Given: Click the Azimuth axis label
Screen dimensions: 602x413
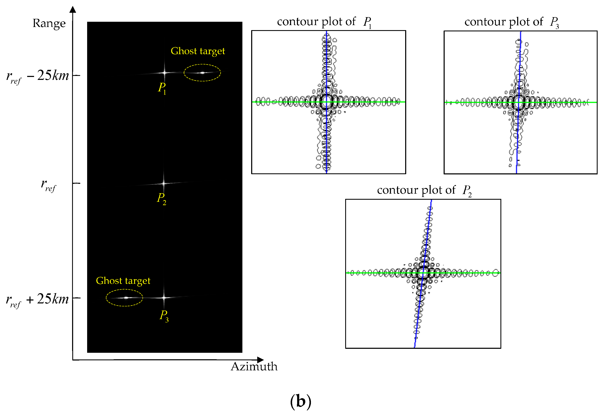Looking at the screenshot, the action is [x=254, y=367].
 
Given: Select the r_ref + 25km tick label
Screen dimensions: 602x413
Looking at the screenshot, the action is [x=37, y=299].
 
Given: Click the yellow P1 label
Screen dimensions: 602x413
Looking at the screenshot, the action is [x=162, y=88].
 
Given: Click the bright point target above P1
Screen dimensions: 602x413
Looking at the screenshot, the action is [x=164, y=73].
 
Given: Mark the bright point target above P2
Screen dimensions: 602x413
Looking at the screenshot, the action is [x=163, y=183].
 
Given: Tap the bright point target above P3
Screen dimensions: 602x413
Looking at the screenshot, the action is [x=164, y=298].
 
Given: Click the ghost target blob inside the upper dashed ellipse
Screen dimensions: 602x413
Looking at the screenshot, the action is [x=202, y=73].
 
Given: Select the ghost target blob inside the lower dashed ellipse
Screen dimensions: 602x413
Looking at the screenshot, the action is [x=126, y=298].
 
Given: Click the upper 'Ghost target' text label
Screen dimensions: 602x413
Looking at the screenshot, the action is [x=198, y=51].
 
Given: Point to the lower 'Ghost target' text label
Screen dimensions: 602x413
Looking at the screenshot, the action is [x=123, y=281].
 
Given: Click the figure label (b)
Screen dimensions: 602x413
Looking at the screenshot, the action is [x=300, y=401].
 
